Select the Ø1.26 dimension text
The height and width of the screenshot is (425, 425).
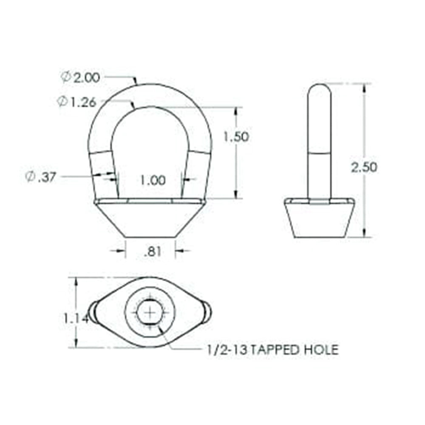coord(77,102)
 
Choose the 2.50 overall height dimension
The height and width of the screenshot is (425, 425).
coord(364,167)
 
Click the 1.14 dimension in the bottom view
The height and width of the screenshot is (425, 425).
coord(76,317)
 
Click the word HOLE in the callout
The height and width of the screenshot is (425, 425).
coord(322,350)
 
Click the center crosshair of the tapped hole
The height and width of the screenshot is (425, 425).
coord(150,312)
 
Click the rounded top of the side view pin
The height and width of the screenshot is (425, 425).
coord(319,91)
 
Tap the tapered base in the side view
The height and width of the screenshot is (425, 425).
coord(319,219)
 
